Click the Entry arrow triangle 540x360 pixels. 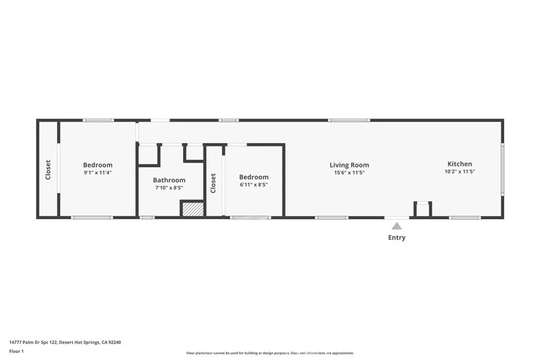click(397, 226)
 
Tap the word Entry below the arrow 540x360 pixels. click(397, 238)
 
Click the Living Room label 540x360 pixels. click(349, 165)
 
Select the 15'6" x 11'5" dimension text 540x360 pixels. click(349, 173)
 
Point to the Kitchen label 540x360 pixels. click(460, 164)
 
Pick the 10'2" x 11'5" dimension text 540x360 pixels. click(460, 171)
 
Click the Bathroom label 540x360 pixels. click(169, 180)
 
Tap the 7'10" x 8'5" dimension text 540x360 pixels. click(169, 188)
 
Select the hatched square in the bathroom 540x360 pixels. click(193, 209)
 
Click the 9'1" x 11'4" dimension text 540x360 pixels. click(98, 173)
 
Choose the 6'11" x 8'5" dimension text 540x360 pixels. click(254, 184)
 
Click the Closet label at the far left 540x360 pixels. click(48, 170)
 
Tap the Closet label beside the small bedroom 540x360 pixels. click(213, 183)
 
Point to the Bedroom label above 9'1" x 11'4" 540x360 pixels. click(98, 165)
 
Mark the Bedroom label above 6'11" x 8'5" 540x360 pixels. click(254, 177)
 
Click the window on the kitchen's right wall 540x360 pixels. click(503, 169)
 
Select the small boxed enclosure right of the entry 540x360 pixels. click(422, 209)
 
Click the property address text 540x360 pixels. click(65, 343)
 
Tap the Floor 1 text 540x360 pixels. click(16, 352)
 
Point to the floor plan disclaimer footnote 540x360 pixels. click(270, 353)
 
